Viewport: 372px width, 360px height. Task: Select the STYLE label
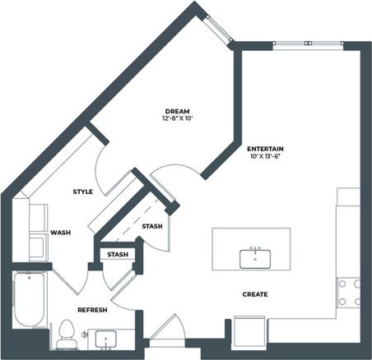coord(82,192)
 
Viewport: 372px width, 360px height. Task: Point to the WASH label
coord(60,233)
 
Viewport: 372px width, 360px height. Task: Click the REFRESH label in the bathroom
coord(92,310)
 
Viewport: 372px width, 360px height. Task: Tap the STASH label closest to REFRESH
coord(118,255)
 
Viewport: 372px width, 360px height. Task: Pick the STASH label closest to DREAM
coord(151,226)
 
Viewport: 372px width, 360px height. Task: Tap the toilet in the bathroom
coord(66,333)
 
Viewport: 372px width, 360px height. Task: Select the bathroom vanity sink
coord(105,338)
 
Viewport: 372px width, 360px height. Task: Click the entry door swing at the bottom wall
coord(165,330)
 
